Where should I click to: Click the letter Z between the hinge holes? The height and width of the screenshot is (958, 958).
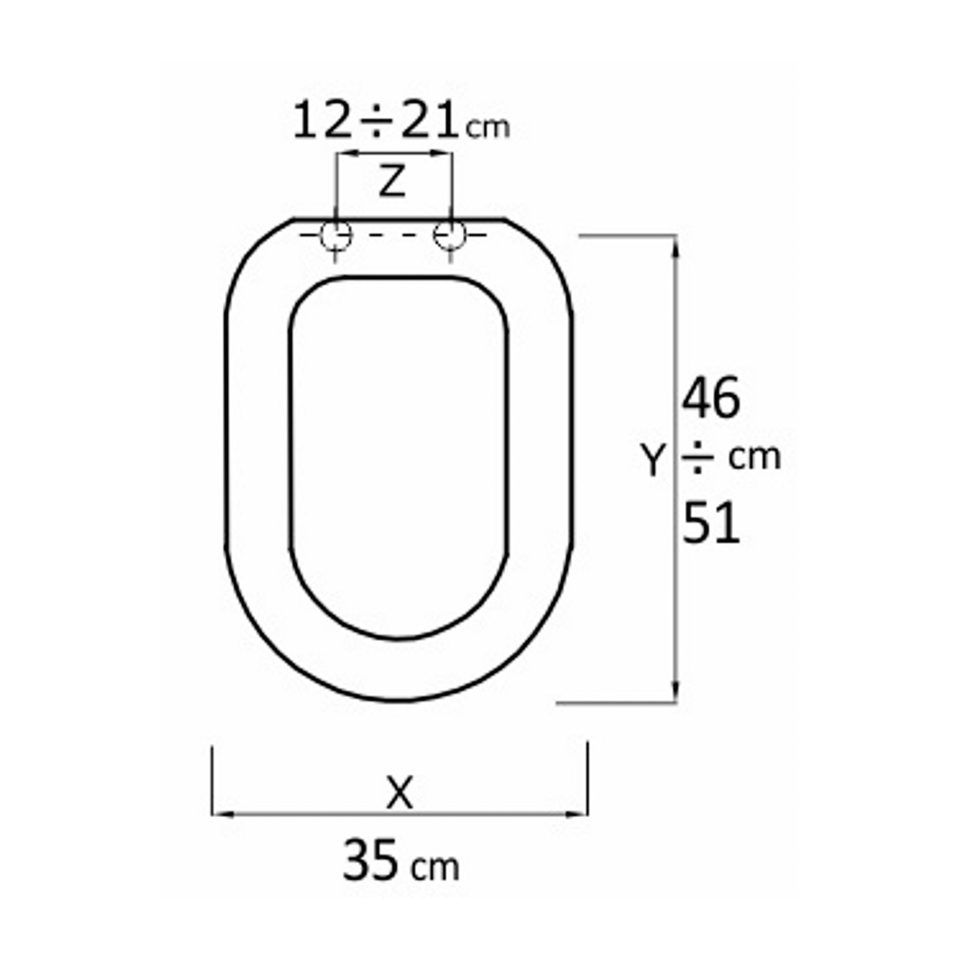pyautogui.click(x=392, y=181)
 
